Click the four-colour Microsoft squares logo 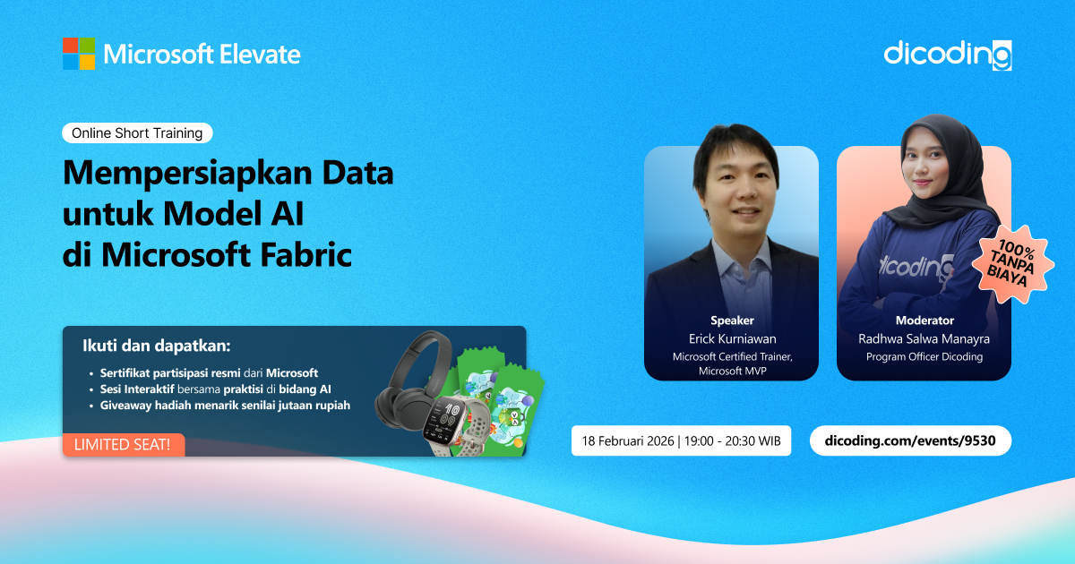[x=79, y=54]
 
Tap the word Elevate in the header [x=260, y=55]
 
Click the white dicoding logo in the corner [x=948, y=56]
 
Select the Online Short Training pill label [x=137, y=132]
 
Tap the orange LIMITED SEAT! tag [x=124, y=445]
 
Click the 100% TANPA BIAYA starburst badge [x=1012, y=264]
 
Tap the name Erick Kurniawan [x=733, y=339]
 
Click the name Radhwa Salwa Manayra [x=924, y=339]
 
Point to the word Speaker [x=732, y=320]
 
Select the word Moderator [x=924, y=320]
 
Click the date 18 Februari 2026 [x=628, y=440]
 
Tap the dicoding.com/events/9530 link [x=910, y=440]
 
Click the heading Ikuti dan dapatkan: [x=157, y=346]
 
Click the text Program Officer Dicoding [x=924, y=357]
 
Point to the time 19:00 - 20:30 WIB [x=733, y=440]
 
